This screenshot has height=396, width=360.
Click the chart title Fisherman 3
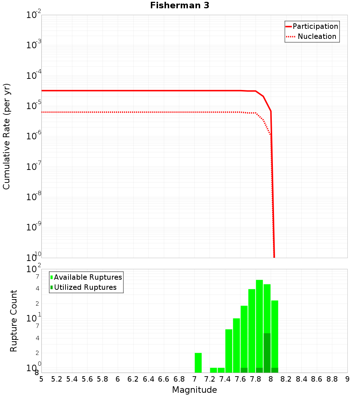(x=180, y=5)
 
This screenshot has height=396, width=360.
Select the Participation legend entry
(x=312, y=26)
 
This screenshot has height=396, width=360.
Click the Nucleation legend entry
(x=312, y=36)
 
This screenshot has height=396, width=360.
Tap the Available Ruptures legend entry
(x=86, y=277)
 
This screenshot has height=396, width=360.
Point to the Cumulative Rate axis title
(x=6, y=136)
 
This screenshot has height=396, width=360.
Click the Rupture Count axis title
(x=14, y=321)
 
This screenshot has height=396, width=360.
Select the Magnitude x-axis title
(x=194, y=390)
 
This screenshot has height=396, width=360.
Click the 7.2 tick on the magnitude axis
(x=210, y=379)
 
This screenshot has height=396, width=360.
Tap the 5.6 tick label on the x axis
(x=87, y=379)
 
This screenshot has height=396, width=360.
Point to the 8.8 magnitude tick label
(x=332, y=379)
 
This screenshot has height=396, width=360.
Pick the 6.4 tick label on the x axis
(x=148, y=379)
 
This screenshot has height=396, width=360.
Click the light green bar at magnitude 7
(x=198, y=363)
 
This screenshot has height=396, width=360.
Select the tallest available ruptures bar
(x=259, y=324)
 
